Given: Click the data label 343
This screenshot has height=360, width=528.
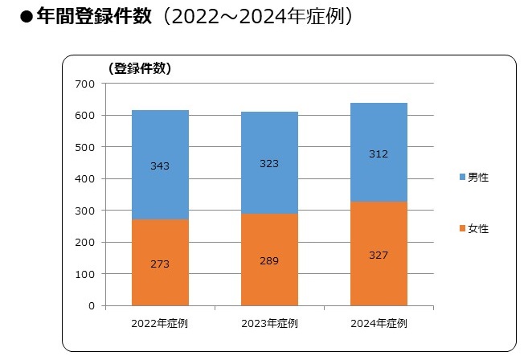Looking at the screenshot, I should point(160,166).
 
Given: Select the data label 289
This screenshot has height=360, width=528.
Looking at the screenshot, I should point(269,260).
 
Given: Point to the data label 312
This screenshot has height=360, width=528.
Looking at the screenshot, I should point(379,154).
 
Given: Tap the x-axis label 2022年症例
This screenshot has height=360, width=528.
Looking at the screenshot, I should point(160,324).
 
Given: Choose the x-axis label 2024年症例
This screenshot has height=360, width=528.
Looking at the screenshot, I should point(379,324).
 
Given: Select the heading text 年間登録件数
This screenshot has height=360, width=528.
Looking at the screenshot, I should point(94,17).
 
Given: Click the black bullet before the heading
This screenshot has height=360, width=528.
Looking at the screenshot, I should point(26,18).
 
